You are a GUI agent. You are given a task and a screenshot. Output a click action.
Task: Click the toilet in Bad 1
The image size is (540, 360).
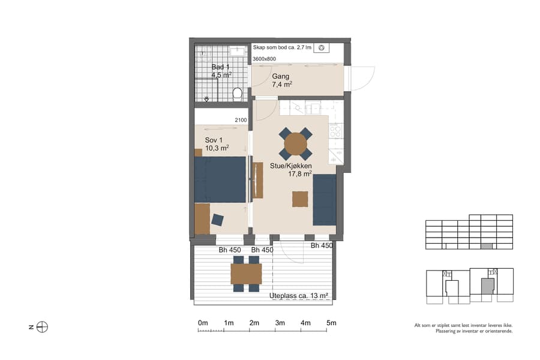237,94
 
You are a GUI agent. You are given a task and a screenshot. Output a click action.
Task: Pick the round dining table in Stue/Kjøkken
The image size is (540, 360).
295,144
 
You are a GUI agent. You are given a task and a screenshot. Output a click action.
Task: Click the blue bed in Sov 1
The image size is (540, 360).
220,179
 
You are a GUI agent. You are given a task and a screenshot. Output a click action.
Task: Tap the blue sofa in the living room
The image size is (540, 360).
325,199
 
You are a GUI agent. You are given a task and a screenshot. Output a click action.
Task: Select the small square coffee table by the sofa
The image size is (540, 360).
300,199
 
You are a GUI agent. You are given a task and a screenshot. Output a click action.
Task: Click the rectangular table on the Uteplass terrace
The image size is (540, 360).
246,274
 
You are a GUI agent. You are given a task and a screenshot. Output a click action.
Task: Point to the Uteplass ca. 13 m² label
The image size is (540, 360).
299,296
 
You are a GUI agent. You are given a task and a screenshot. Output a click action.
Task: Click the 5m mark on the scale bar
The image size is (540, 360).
331,323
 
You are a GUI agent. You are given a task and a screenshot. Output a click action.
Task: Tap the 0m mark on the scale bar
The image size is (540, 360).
203,323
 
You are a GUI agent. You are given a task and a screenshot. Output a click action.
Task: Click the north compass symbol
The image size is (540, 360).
42,327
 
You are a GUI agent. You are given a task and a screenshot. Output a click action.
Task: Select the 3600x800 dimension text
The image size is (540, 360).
265,59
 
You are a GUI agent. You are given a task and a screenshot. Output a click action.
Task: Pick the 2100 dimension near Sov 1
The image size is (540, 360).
241,121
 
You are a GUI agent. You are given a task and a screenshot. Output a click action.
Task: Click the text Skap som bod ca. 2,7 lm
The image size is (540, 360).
282,47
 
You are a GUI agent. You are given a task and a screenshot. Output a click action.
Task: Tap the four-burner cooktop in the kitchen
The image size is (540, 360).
335,130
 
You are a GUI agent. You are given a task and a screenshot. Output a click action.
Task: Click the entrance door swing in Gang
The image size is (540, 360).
361,78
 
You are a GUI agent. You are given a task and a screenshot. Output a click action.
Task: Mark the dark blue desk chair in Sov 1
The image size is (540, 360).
217,220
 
